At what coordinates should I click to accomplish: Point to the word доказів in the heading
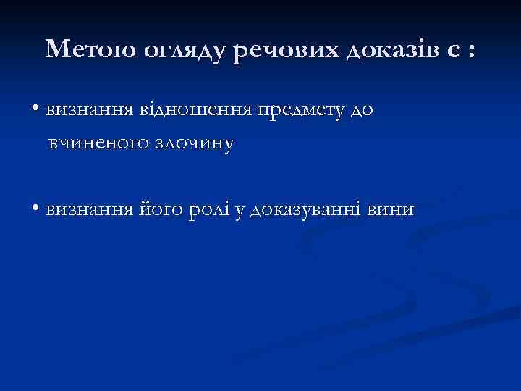click(x=389, y=50)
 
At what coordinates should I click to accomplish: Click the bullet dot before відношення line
click(x=35, y=109)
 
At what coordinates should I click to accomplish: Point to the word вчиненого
click(x=98, y=143)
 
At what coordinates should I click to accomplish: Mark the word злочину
click(x=194, y=143)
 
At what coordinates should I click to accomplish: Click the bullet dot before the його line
click(x=35, y=209)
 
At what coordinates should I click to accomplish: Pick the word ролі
click(x=207, y=211)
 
